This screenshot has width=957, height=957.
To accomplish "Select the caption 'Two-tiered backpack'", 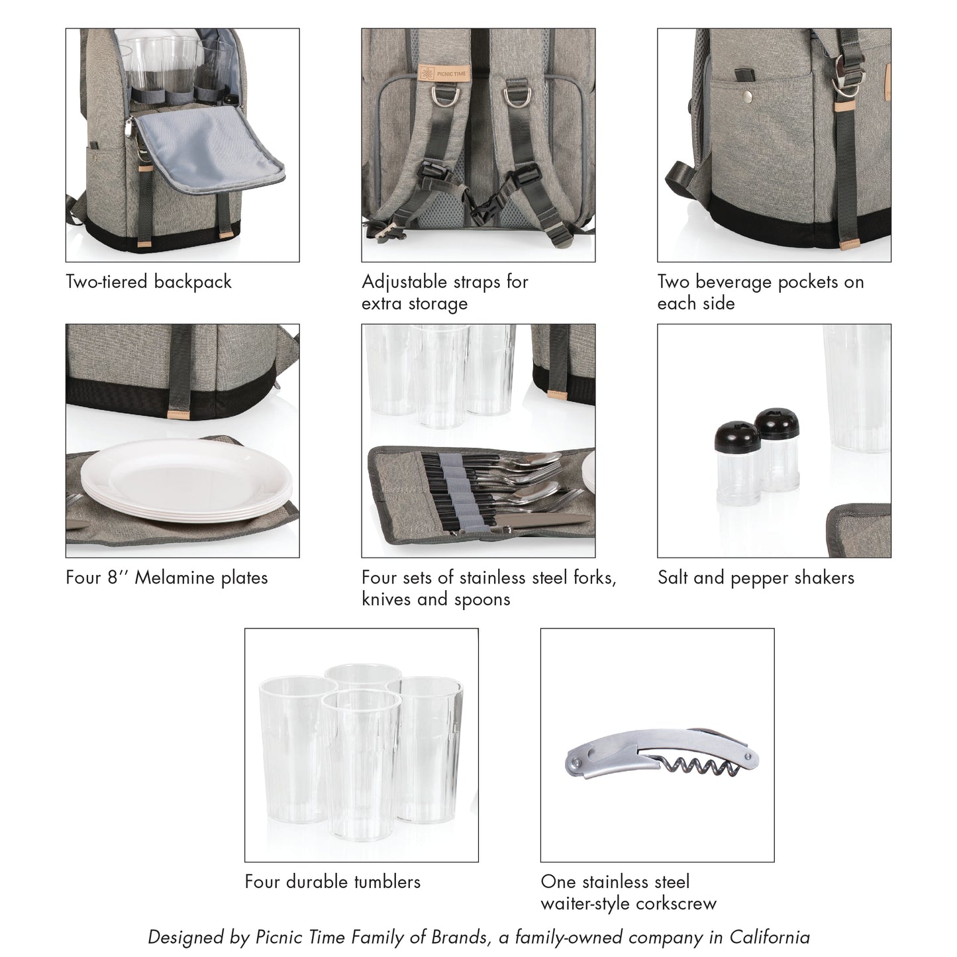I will point(148,282).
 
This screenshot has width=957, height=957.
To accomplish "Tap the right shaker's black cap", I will point(777,425).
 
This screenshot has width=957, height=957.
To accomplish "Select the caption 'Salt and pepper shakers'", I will point(756,578).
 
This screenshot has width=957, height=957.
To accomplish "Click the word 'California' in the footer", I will point(770,937).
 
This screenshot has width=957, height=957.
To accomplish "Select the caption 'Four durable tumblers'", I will point(332,881).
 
